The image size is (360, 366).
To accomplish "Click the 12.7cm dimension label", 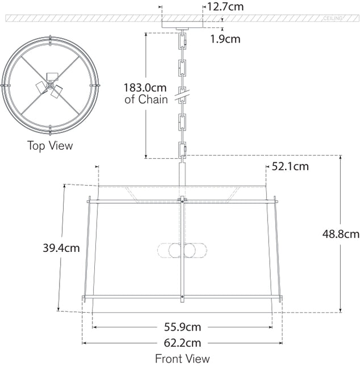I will click(x=227, y=7).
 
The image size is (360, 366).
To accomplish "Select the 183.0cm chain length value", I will click(x=145, y=88).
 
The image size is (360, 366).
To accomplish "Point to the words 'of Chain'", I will click(x=146, y=100).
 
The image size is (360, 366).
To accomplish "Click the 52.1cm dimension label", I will click(x=290, y=166).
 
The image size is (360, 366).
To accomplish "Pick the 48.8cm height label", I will click(x=341, y=233).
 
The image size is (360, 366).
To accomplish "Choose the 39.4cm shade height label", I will click(x=61, y=247).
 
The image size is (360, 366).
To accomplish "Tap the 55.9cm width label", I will click(x=182, y=327).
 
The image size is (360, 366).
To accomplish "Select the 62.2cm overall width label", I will click(x=182, y=343).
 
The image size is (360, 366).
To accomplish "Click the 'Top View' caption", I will click(x=51, y=146).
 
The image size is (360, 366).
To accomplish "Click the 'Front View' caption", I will click(x=182, y=359).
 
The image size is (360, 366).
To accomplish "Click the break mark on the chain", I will click(x=182, y=96).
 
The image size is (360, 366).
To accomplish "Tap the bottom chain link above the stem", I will click(x=182, y=150).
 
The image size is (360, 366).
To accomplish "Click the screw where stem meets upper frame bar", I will click(x=182, y=199).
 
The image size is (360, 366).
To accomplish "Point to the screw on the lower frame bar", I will click(x=182, y=297).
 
